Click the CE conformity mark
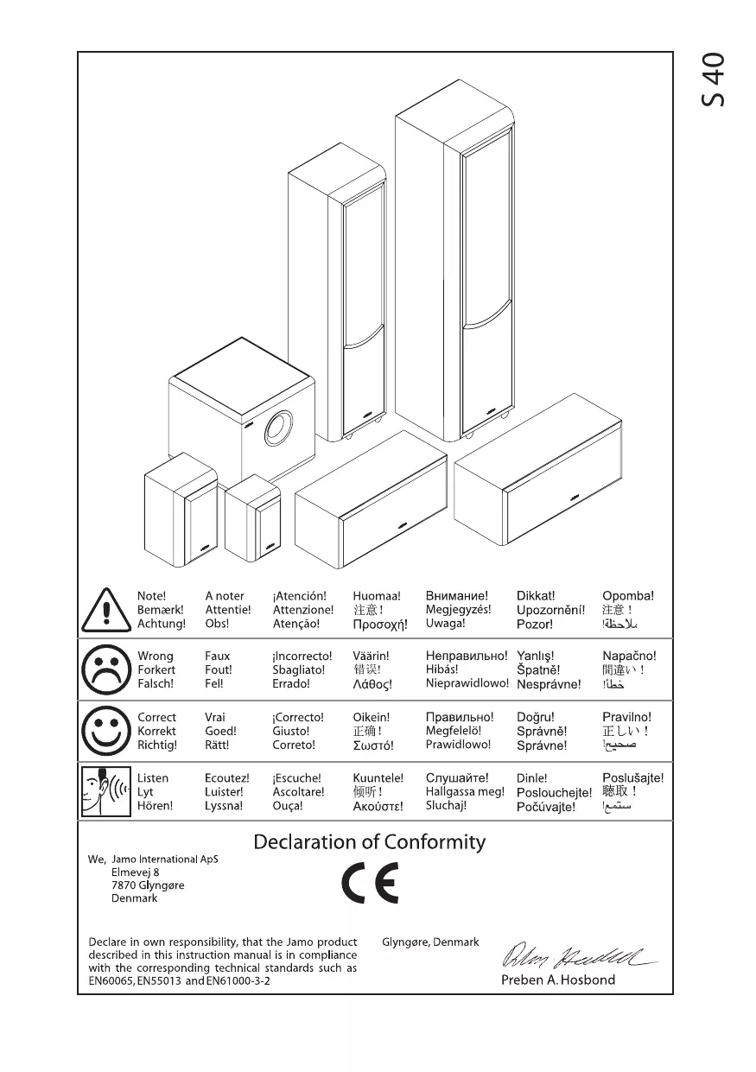click(369, 883)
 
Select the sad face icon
click(104, 669)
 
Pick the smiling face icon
click(104, 731)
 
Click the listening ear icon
click(104, 791)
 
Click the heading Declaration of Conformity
click(369, 842)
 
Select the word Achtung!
click(161, 624)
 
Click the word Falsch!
click(156, 684)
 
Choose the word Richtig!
click(157, 745)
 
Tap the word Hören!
click(156, 806)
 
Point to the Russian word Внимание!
click(456, 596)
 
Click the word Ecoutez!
click(226, 778)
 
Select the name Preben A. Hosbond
click(558, 980)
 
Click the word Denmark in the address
click(135, 898)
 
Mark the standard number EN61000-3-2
click(238, 982)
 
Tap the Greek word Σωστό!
click(372, 745)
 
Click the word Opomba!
click(627, 596)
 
